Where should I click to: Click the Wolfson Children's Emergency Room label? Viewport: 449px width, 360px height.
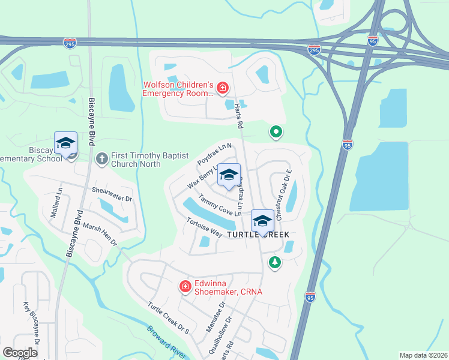178,89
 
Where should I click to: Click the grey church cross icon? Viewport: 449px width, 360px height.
101,158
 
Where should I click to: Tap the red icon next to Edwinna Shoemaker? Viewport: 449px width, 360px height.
185,287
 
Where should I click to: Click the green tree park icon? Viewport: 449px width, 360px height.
275,262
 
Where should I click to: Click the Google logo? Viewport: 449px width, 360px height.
20,352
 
